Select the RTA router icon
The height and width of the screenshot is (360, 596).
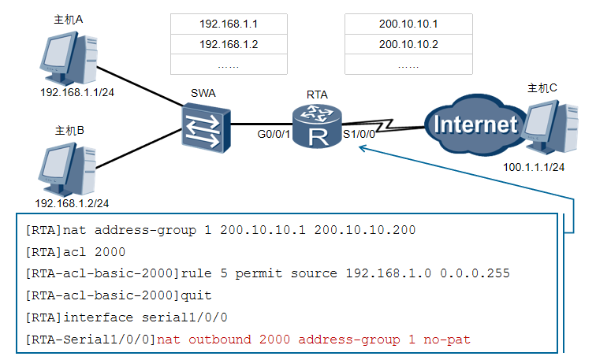[x=317, y=126]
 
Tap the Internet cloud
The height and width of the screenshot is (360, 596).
[x=475, y=124]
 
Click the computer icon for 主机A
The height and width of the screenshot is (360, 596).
[x=69, y=58]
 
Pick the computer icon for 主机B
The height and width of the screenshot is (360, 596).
[x=67, y=169]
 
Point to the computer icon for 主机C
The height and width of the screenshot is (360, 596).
[x=549, y=127]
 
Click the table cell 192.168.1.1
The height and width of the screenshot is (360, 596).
[x=229, y=24]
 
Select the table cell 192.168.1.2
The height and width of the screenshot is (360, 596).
[x=229, y=44]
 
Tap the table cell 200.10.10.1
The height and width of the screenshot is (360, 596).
[x=408, y=24]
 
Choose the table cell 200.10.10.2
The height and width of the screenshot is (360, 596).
[x=408, y=44]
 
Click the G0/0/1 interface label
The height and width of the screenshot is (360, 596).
[x=274, y=134]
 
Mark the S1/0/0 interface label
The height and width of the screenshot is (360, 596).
[x=359, y=134]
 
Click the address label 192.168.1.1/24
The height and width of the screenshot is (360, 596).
[x=77, y=92]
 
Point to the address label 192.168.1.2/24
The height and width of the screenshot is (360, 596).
[x=72, y=203]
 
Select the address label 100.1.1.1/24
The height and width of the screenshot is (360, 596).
[x=534, y=167]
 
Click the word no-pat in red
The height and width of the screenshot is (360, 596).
[x=447, y=340]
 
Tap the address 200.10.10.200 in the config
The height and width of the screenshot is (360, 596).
[x=365, y=230]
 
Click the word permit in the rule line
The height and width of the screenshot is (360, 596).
[x=259, y=274]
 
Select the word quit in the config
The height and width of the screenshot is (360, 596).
[x=196, y=295]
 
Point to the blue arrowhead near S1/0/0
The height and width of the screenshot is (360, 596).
[x=362, y=148]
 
